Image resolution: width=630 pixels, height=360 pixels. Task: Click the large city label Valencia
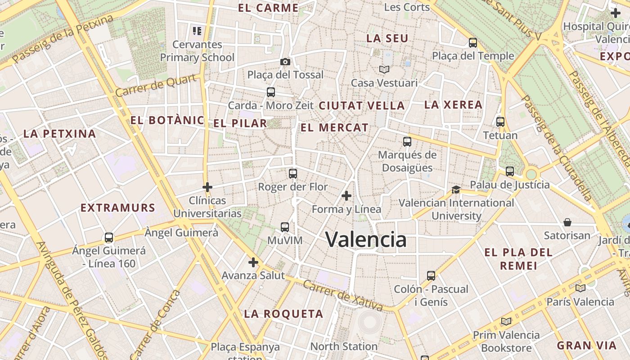pos(366,239)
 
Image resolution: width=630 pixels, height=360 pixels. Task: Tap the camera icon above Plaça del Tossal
pos(285,62)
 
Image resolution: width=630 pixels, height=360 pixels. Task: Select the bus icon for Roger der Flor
pos(293,173)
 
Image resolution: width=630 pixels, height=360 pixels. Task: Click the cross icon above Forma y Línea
pos(346,196)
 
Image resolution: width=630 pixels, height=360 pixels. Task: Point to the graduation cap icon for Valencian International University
pos(456,190)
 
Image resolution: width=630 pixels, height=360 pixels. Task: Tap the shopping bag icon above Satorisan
pos(567,222)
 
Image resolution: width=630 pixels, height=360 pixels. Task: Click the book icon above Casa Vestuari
pos(384,69)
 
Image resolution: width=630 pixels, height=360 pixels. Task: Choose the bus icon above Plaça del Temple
pos(472,43)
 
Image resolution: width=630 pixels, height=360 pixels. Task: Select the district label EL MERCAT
pos(334,128)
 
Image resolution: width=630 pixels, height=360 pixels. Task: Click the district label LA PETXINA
pos(59,134)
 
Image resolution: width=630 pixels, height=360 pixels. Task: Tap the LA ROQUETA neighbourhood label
pos(283,314)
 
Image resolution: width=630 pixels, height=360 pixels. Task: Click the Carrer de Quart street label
pos(156,85)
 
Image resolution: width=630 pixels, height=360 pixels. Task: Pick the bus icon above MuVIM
pos(284,227)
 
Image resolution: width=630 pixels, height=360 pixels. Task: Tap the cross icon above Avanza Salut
pos(253,262)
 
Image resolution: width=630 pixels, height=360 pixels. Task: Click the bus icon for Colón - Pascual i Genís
pos(431,275)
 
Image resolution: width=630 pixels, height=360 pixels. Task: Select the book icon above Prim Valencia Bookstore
pos(506,321)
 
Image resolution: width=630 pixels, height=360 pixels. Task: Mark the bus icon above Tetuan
pos(500,121)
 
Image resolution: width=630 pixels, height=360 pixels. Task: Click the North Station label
pos(344,346)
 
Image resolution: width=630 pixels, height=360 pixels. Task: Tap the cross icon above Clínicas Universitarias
pos(207,187)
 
